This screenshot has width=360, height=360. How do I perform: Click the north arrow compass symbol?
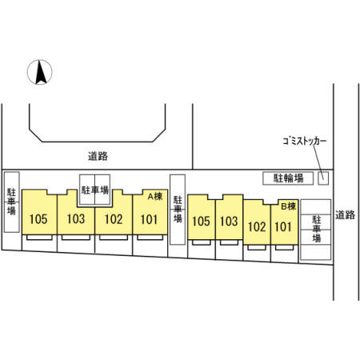(x=40, y=72)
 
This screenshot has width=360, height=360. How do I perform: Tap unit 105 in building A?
(x=39, y=212)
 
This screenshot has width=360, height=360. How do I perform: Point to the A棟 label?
(x=155, y=197)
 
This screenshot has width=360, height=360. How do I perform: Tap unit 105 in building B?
(x=202, y=218)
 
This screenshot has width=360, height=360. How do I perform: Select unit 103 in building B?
(x=229, y=218)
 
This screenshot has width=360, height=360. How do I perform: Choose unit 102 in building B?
(x=257, y=222)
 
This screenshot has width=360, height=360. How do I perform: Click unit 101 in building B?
(x=284, y=222)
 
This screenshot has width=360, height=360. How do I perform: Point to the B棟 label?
(x=289, y=206)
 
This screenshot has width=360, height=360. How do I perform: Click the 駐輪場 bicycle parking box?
(x=288, y=178)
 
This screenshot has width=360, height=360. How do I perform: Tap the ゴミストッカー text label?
(x=305, y=141)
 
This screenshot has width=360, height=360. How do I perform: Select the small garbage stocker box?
(x=323, y=178)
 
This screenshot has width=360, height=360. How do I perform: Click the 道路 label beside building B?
(x=345, y=215)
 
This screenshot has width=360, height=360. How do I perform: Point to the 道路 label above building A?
(x=98, y=156)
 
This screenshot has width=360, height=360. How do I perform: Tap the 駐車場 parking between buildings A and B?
(x=178, y=210)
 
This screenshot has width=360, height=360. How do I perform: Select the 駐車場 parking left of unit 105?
(x=12, y=202)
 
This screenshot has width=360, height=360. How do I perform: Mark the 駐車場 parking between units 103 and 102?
(x=95, y=190)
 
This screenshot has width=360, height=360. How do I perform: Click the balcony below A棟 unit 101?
(x=150, y=238)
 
